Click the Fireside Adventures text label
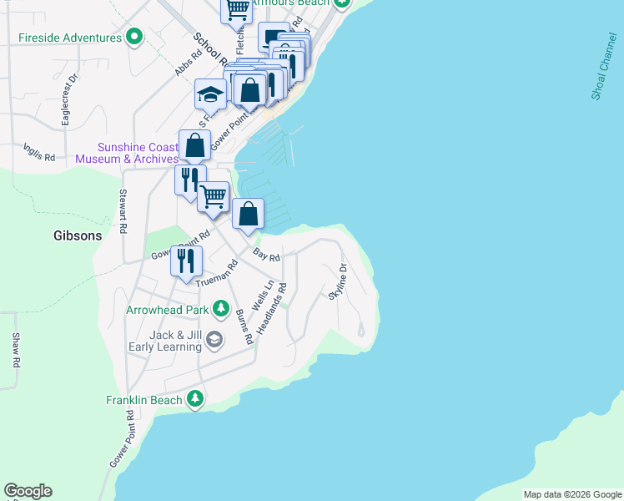pyautogui.click(x=70, y=38)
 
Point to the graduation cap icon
pyautogui.click(x=211, y=94)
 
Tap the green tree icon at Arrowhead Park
pyautogui.click(x=221, y=309)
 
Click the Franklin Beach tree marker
pyautogui.click(x=195, y=399)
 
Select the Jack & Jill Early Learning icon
pyautogui.click(x=214, y=339)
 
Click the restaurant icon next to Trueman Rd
pyautogui.click(x=185, y=260)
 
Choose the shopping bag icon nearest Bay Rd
pyautogui.click(x=249, y=213)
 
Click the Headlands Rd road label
pyautogui.click(x=271, y=310)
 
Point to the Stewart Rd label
pyautogui.click(x=123, y=213)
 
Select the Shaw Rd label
pyautogui.click(x=15, y=352)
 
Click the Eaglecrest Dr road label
pyautogui.click(x=66, y=100)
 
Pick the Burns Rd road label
pyautogui.click(x=244, y=327)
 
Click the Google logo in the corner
pyautogui.click(x=28, y=491)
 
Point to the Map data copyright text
pyautogui.click(x=572, y=494)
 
